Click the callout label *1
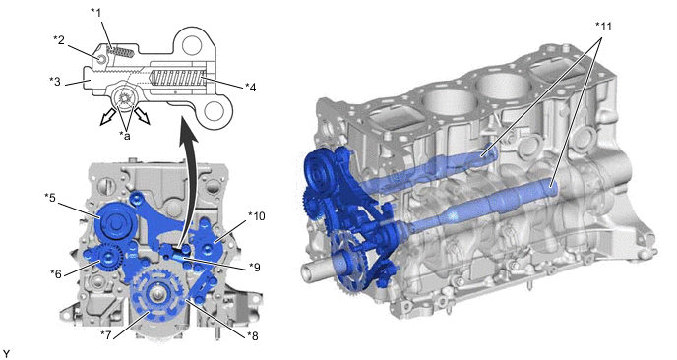tap(95, 12)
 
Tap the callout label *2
tap(59, 39)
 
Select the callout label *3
tap(55, 81)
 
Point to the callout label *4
tap(250, 88)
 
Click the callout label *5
tap(50, 197)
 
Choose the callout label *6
tap(56, 273)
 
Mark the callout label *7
tap(106, 334)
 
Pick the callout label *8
tap(253, 335)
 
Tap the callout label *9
tap(255, 268)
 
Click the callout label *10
tap(256, 215)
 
